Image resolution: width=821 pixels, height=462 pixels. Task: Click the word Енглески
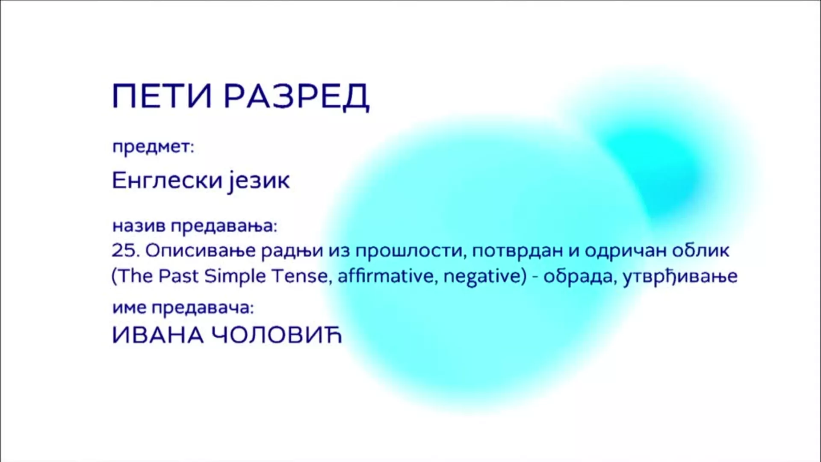(167, 181)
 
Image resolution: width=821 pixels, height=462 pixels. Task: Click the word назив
(139, 226)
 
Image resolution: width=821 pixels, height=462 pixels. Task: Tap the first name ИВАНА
(158, 335)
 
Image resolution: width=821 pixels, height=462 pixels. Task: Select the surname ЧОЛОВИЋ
(277, 335)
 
